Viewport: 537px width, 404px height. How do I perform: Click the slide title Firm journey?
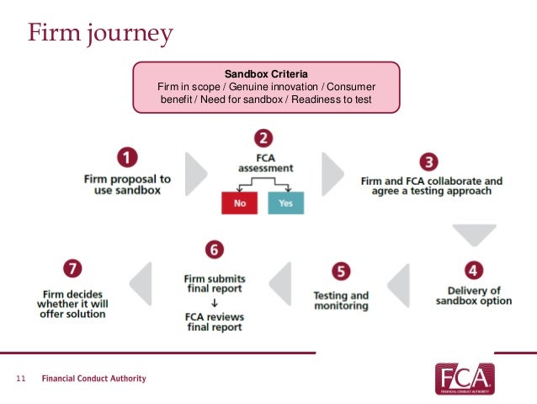click(99, 34)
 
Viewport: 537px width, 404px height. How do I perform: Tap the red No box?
click(239, 203)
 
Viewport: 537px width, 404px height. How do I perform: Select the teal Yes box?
click(284, 203)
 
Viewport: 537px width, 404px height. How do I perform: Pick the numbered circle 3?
click(430, 160)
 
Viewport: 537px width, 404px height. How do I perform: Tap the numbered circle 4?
click(473, 271)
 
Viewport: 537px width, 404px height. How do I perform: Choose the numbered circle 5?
click(341, 272)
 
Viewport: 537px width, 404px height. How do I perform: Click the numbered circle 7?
click(72, 269)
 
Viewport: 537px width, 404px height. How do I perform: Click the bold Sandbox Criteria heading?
click(266, 74)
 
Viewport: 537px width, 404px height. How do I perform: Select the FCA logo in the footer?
click(464, 379)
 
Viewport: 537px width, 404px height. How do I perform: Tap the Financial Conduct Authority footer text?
click(94, 379)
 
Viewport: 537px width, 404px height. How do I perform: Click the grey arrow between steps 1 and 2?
click(195, 174)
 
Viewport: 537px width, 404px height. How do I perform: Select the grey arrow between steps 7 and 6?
click(142, 283)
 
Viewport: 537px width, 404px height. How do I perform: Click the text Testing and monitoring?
click(341, 301)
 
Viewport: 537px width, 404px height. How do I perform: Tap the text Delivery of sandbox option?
click(473, 296)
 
